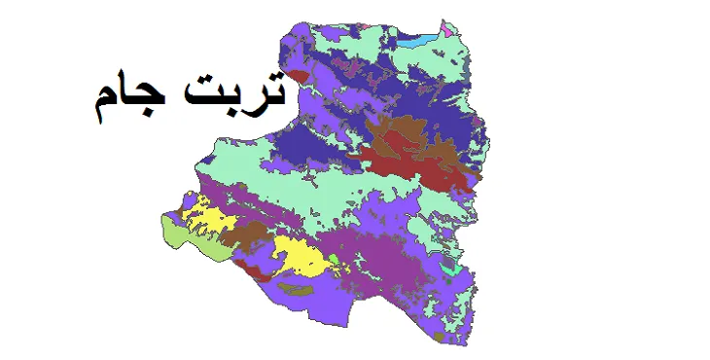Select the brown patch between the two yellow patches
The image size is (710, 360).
pos(249,234)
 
